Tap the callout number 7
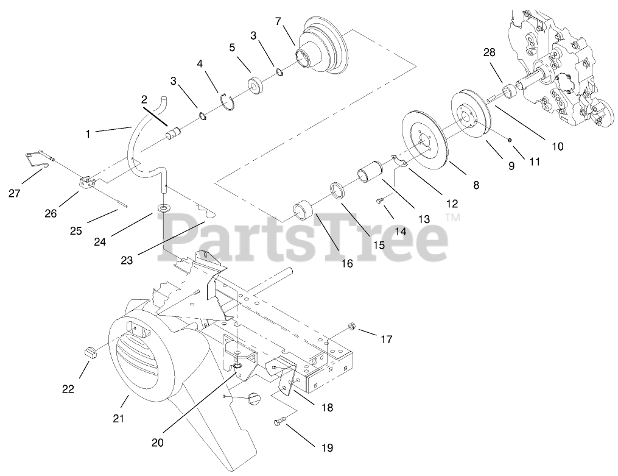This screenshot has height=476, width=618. click(278, 21)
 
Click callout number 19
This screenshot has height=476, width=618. click(327, 448)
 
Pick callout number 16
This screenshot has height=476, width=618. click(346, 263)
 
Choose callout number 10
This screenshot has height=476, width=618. click(558, 146)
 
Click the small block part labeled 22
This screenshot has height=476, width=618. click(90, 352)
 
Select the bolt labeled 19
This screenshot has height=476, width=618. click(281, 422)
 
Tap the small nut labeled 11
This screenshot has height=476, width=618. click(510, 140)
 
